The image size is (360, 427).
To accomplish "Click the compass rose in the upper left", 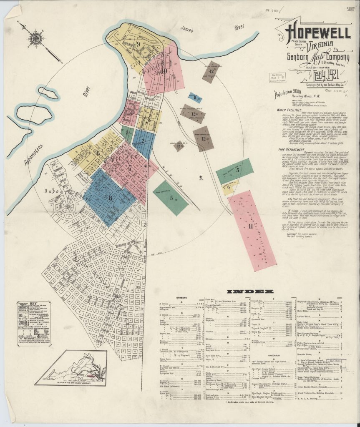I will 34,39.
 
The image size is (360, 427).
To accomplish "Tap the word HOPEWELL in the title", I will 317,32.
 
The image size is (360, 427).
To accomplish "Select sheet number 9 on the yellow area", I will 137,43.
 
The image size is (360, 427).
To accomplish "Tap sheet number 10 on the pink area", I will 164,71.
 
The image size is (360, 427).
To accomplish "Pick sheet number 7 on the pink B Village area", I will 130,168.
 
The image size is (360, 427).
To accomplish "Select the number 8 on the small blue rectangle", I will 195,98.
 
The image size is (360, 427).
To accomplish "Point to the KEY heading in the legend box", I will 29,304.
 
